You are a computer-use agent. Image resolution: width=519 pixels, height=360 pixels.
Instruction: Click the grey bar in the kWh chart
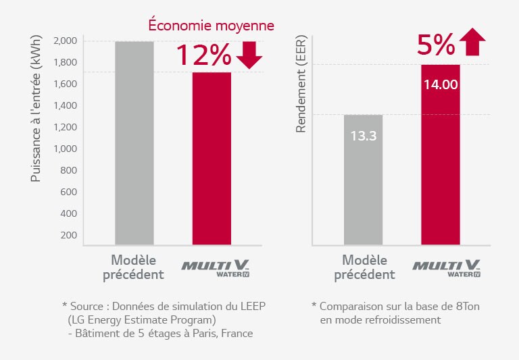click(134, 143)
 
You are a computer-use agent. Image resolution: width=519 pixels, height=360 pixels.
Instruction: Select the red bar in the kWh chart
click(212, 159)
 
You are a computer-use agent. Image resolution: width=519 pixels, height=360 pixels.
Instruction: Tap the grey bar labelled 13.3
click(363, 180)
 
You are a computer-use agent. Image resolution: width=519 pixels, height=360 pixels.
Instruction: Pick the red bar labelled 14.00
click(441, 155)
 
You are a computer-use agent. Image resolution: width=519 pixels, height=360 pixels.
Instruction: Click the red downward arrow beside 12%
click(249, 55)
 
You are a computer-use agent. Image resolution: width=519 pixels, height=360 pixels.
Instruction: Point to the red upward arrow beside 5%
click(472, 42)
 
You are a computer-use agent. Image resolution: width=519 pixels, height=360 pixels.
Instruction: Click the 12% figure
click(203, 55)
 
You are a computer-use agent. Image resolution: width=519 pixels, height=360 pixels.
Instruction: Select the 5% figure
click(436, 45)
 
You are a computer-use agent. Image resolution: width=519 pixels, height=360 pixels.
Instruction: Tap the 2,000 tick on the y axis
click(65, 41)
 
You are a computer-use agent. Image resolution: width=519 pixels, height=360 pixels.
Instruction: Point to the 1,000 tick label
click(65, 149)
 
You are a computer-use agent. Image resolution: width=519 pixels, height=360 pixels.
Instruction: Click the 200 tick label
click(68, 235)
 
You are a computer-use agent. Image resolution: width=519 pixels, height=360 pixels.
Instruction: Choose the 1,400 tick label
click(65, 105)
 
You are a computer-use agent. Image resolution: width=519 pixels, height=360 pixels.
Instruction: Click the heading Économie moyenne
click(211, 25)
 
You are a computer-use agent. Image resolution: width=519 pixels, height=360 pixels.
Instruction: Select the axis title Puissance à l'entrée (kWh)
click(35, 108)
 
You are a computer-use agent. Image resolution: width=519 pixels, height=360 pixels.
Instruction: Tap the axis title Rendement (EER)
click(301, 84)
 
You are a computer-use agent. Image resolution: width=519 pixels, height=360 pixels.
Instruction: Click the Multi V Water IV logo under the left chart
click(216, 268)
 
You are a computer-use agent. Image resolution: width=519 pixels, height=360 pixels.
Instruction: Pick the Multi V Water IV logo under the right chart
click(447, 268)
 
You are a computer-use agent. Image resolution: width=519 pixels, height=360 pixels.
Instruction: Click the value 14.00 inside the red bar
click(441, 84)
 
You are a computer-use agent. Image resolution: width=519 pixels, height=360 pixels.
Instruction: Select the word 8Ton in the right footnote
click(468, 307)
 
